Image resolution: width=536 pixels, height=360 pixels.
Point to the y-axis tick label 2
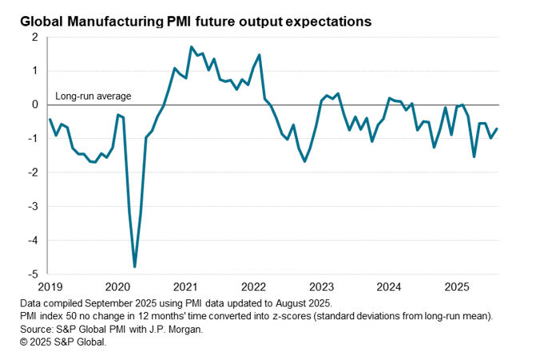pos(35,37)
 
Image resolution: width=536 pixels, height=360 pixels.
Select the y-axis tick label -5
pos(33,274)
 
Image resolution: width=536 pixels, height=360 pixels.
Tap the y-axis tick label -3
pos(33,206)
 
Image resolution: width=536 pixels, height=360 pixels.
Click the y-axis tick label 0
pos(35,105)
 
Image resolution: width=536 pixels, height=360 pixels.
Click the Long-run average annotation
pos(93,97)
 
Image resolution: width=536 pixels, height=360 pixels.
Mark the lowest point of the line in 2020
pos(134,267)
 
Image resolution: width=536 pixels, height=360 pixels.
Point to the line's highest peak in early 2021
pos(192,47)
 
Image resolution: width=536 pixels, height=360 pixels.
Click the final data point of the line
pos(497,129)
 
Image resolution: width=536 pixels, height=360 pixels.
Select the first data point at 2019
pos(50,119)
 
